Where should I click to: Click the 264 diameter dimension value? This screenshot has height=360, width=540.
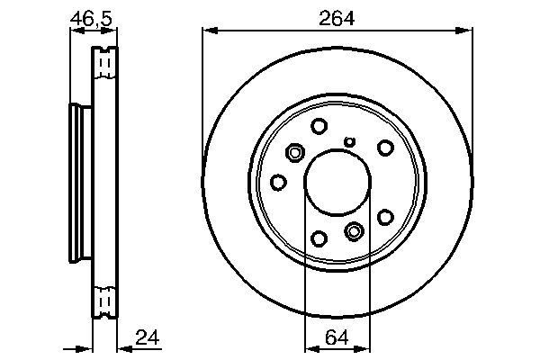click(x=336, y=19)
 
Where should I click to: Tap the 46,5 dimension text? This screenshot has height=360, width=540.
click(x=91, y=19)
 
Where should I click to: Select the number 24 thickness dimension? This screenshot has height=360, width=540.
click(x=148, y=337)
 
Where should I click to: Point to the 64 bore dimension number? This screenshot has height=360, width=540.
click(x=337, y=337)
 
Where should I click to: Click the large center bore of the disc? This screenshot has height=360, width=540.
click(x=337, y=182)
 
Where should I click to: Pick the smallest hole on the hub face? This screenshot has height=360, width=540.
click(x=350, y=141)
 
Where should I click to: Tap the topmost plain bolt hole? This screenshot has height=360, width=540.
click(x=319, y=126)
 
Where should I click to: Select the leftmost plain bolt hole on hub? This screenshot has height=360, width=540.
click(x=278, y=182)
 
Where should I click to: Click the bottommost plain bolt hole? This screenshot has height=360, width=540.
click(x=319, y=238)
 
